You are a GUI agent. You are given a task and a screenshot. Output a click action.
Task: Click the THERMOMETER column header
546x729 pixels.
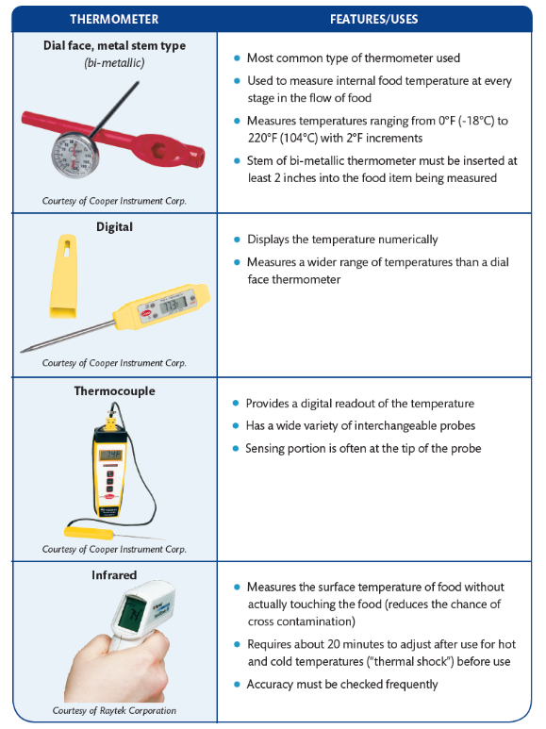[x=114, y=19]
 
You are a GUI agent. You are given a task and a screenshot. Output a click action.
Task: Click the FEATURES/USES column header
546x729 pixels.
[x=374, y=19]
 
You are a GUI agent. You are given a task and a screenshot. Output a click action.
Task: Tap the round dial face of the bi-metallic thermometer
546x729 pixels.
[x=74, y=152]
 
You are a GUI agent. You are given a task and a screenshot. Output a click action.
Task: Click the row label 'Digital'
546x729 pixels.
[x=114, y=227]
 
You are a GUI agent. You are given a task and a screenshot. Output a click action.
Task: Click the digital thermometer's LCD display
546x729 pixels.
[x=172, y=307]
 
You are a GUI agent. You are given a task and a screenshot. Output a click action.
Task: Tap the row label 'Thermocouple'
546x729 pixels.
[x=114, y=390]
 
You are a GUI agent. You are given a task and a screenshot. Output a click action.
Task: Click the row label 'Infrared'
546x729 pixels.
[x=114, y=574]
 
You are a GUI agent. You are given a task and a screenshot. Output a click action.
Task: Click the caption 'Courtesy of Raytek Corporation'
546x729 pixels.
[x=114, y=710]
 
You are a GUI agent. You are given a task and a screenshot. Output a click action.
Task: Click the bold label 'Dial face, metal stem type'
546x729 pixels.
[x=114, y=45]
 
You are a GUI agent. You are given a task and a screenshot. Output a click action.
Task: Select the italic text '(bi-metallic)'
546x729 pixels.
[x=114, y=62]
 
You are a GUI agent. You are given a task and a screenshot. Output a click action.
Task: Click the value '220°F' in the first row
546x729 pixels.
[x=263, y=137]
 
